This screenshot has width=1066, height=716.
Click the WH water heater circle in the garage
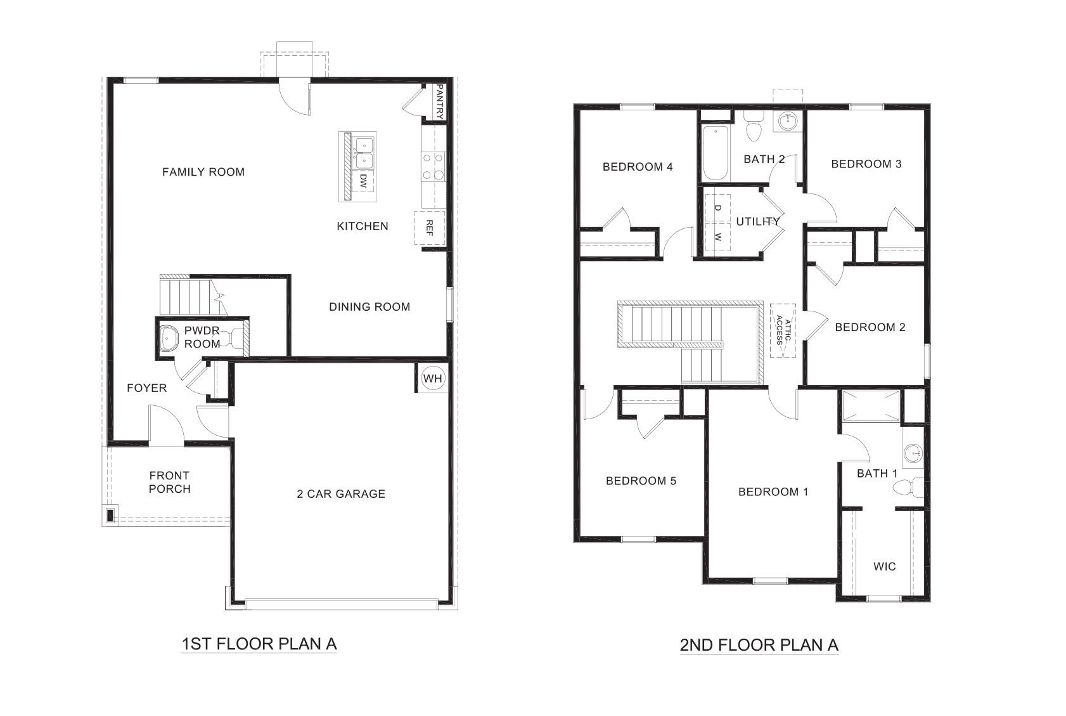coord(433,379)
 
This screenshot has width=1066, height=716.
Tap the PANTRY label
coord(438,101)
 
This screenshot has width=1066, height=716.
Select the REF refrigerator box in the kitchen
coord(429,228)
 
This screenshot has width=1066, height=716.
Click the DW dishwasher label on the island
coord(363,182)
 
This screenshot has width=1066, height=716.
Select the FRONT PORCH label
coord(169,482)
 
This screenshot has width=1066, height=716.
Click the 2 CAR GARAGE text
coord(341,493)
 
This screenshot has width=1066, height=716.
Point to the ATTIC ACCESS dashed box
coord(783,330)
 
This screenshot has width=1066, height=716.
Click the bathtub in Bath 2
coord(714,153)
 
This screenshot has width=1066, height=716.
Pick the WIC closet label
coord(884,566)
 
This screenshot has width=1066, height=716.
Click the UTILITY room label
coord(757,221)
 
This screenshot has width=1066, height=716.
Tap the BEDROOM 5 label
coord(641,481)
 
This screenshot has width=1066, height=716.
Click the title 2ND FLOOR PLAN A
coord(759,645)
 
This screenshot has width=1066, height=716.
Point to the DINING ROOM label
coord(369,307)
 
